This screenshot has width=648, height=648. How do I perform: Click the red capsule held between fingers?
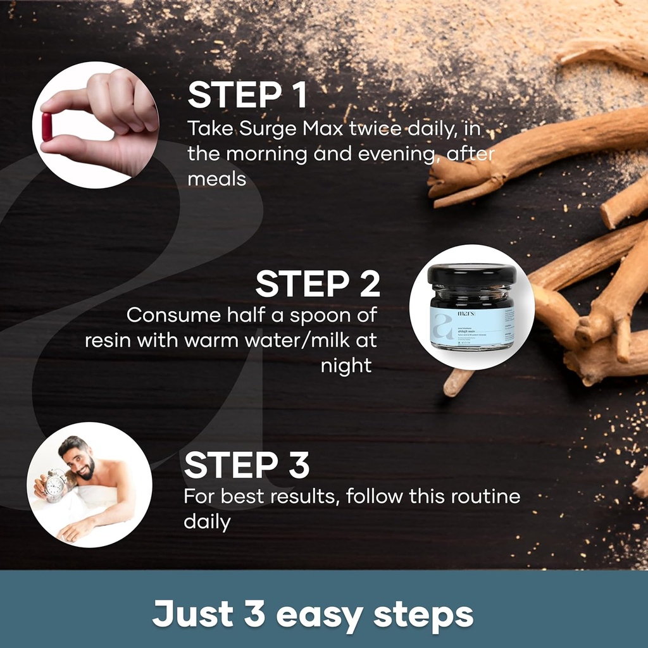point(47,127)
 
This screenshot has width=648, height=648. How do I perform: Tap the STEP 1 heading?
point(247,95)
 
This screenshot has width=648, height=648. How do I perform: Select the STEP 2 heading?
point(318,283)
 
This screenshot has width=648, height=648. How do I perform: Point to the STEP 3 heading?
point(247,465)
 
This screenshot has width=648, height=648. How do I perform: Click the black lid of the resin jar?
point(471,274)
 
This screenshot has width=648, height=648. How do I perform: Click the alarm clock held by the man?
point(56,485)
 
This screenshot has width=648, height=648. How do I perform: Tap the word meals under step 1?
point(216,179)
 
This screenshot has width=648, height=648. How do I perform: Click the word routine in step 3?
point(485,496)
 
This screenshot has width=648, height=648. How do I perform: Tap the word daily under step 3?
point(207,522)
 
